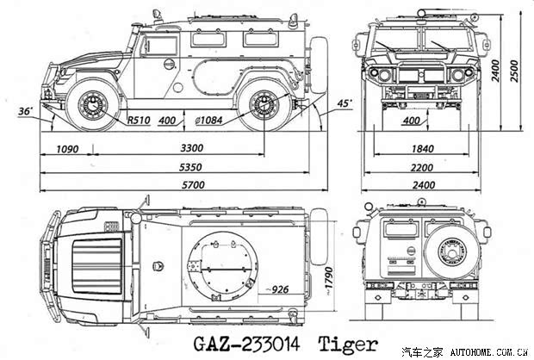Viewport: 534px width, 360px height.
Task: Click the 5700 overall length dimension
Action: (x=193, y=185)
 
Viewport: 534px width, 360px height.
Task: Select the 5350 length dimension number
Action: (x=190, y=167)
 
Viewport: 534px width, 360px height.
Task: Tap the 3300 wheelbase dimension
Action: (x=192, y=148)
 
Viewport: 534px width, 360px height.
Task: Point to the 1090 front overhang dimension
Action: (x=67, y=149)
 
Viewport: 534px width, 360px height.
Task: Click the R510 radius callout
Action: (x=139, y=121)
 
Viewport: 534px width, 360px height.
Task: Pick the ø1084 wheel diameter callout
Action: (x=208, y=121)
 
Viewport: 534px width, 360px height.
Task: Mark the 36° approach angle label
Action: (x=26, y=111)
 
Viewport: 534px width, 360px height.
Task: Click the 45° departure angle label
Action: (x=345, y=103)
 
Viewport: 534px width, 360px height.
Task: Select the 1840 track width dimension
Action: (x=423, y=149)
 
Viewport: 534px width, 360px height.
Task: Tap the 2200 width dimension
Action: (x=422, y=167)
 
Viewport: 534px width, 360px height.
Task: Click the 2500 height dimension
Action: (x=514, y=71)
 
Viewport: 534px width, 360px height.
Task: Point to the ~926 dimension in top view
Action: (x=277, y=289)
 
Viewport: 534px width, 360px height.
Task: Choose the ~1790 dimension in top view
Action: (x=329, y=280)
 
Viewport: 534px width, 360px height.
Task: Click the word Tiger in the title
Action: (x=348, y=344)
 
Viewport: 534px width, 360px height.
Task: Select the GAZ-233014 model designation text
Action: (x=246, y=344)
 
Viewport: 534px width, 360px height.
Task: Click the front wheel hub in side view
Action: (x=93, y=105)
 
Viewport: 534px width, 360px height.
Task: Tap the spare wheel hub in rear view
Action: (x=452, y=252)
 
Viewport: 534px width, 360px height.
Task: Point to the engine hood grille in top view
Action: (x=97, y=266)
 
